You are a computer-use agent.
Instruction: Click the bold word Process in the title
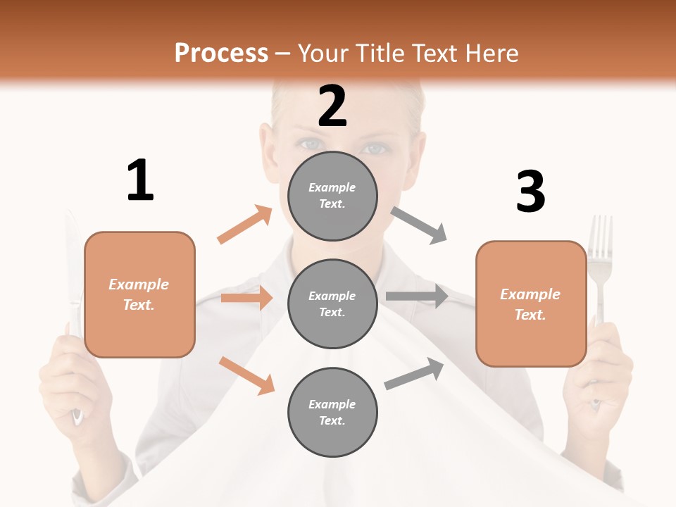coord(221,54)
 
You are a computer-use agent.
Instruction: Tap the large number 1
coord(140,181)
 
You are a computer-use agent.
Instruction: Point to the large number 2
coord(332,106)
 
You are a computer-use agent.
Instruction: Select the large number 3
coord(530,192)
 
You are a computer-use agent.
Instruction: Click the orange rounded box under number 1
coord(139,294)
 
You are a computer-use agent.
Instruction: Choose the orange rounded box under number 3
coord(531,303)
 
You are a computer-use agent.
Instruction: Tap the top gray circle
coord(332,196)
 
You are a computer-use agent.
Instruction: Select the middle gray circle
coord(332,303)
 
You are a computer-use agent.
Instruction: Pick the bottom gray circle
coord(332,412)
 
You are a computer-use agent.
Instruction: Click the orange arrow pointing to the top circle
coord(245,225)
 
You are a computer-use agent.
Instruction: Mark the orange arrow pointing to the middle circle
coord(246,298)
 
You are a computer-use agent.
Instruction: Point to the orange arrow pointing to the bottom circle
coord(246,375)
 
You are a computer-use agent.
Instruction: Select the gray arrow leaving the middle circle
coord(416,296)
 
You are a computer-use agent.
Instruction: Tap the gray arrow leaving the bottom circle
coord(415,374)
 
